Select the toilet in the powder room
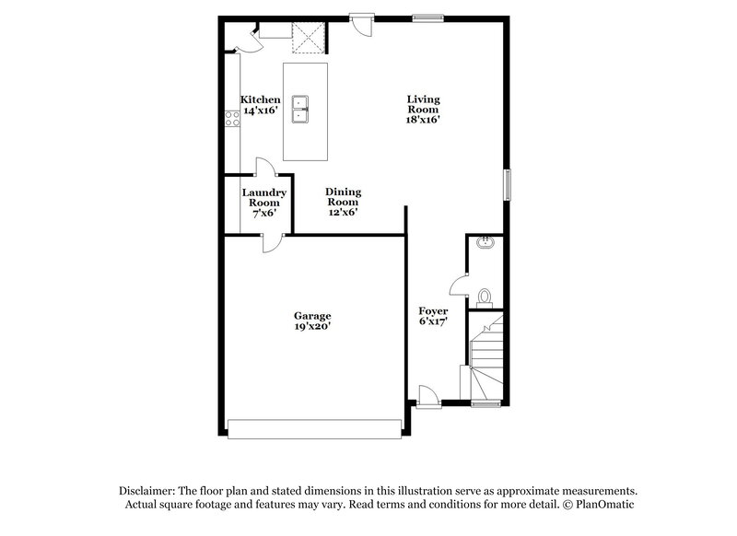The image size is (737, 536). pos(485,297)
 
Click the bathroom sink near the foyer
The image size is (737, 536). pos(485,243)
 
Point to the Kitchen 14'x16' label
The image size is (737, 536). pos(261,104)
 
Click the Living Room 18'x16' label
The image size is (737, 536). pos(424,109)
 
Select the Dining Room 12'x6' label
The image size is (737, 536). pos(343,202)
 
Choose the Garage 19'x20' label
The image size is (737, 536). pos(313,320)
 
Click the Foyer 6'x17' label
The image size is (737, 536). pos(433,316)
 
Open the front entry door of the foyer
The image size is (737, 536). pos(427,396)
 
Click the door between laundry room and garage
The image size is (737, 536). pos(273,240)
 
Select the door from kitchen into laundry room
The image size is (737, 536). pos(265,167)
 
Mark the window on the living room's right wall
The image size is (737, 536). pos(506,183)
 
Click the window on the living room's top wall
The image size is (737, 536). pos(427,16)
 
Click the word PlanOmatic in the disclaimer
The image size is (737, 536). pos(604,504)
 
